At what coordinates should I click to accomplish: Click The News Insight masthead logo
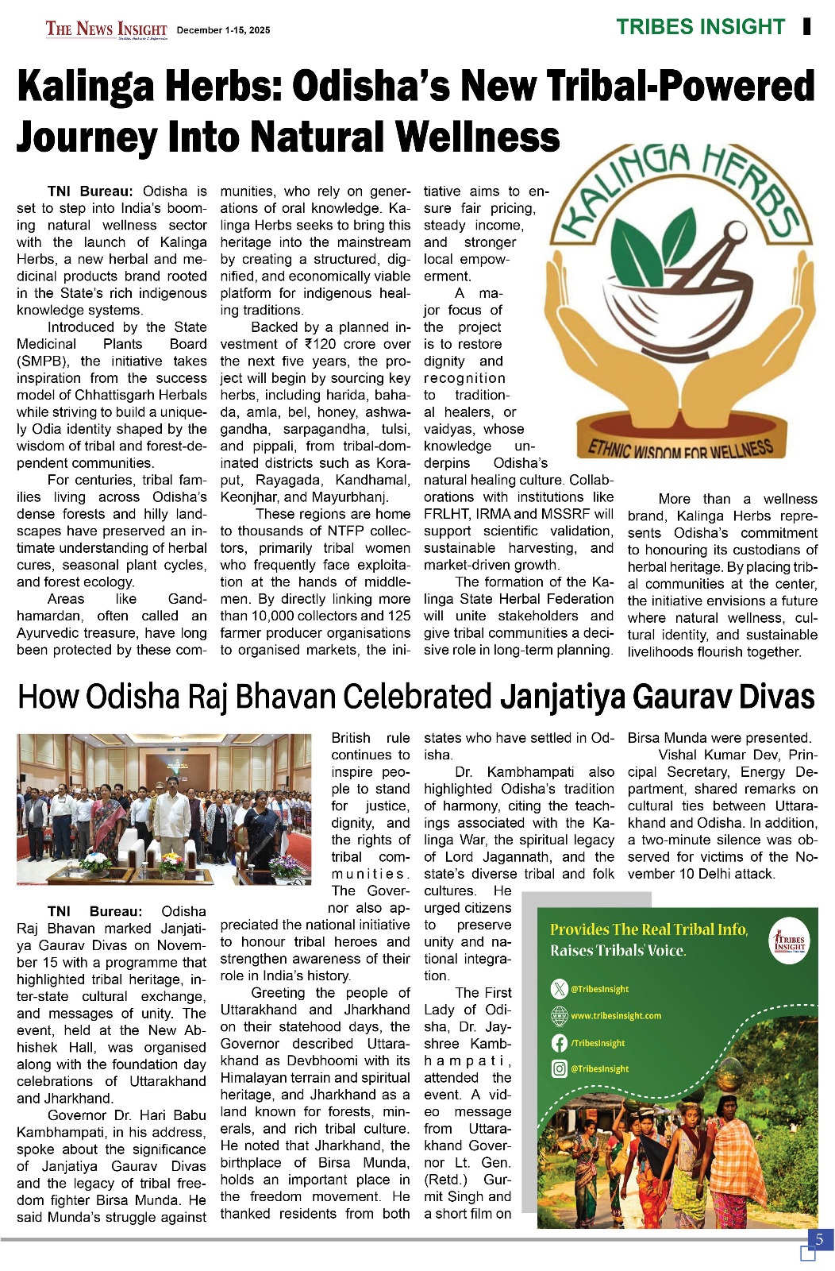(106, 29)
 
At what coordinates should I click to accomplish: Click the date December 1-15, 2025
(223, 30)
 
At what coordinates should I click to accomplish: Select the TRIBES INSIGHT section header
(700, 27)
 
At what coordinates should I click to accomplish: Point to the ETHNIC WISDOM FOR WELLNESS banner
(680, 448)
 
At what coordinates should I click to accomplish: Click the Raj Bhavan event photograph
(164, 809)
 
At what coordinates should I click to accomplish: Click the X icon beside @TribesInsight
(559, 989)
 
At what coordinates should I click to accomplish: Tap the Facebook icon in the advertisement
(559, 1043)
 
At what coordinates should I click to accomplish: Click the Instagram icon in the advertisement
(559, 1069)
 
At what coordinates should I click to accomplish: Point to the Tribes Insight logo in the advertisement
(789, 941)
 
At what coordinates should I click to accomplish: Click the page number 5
(819, 1239)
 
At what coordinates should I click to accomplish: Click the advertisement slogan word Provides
(579, 929)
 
